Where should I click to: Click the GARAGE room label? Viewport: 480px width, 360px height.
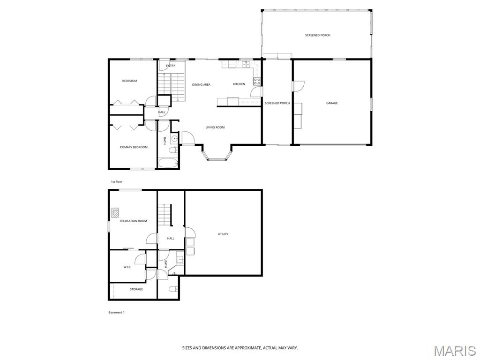coord(332,103)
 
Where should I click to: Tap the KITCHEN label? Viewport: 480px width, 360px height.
coord(239,84)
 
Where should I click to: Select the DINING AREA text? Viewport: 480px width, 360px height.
coord(201,84)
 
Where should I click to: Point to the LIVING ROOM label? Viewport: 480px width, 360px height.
coord(215,127)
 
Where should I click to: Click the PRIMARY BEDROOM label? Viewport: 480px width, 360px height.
coord(134,147)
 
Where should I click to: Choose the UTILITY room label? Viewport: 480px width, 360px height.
coord(223,234)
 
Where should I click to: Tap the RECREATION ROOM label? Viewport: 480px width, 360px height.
coord(133,221)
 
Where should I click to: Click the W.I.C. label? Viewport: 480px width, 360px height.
coord(127,267)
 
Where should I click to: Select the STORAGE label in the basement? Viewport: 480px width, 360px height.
coord(136,289)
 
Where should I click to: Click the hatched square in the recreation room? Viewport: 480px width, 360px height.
coord(115,212)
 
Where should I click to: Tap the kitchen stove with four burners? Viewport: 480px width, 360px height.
coord(257,82)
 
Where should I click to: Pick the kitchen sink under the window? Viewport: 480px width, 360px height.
coord(246,64)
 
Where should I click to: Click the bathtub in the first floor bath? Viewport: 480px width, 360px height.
coord(168,163)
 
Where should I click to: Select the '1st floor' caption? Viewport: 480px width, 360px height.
coord(117,182)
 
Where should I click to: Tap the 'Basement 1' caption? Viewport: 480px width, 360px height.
coord(116,313)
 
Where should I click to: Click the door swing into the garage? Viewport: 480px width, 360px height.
coord(299,86)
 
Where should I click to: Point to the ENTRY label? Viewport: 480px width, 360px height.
coord(171,66)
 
